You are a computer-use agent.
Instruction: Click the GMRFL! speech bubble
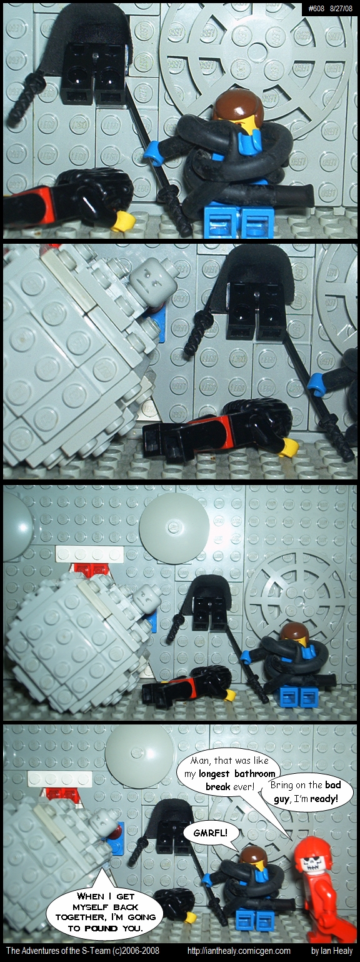(x=211, y=833)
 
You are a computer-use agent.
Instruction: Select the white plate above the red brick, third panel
(x=89, y=554)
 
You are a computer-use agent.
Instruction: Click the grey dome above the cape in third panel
(x=174, y=526)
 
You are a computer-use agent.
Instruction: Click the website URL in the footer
(x=239, y=950)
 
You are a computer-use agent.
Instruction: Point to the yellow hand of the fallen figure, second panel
(x=289, y=447)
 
